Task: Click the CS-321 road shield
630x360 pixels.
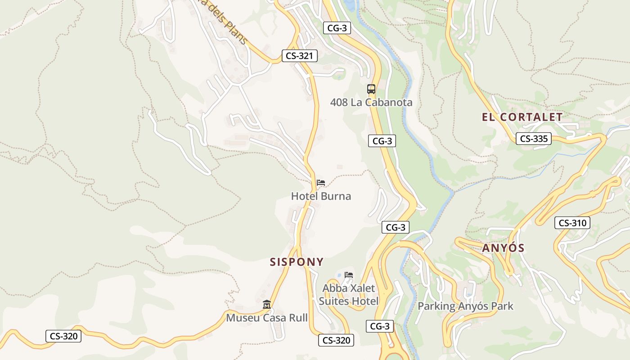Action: (299, 56)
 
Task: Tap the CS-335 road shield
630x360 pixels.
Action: (533, 139)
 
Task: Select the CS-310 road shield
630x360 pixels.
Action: (572, 223)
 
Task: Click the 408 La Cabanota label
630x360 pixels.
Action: (371, 103)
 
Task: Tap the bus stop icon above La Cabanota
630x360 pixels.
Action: (371, 89)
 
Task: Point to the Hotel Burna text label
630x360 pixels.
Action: (321, 196)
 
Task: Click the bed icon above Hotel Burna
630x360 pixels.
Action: (321, 183)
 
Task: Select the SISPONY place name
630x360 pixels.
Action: (297, 262)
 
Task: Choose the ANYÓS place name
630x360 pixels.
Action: (504, 248)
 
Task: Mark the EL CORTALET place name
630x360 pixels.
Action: (522, 117)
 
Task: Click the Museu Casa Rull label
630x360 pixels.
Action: (267, 318)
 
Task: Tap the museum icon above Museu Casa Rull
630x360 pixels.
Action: (267, 305)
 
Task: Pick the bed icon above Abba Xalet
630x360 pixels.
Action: (349, 275)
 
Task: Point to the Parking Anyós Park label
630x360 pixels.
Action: (465, 306)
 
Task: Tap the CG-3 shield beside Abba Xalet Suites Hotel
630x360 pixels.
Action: (380, 326)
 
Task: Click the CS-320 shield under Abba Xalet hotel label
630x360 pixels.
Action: (336, 340)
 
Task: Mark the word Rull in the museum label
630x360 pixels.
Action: (297, 318)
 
